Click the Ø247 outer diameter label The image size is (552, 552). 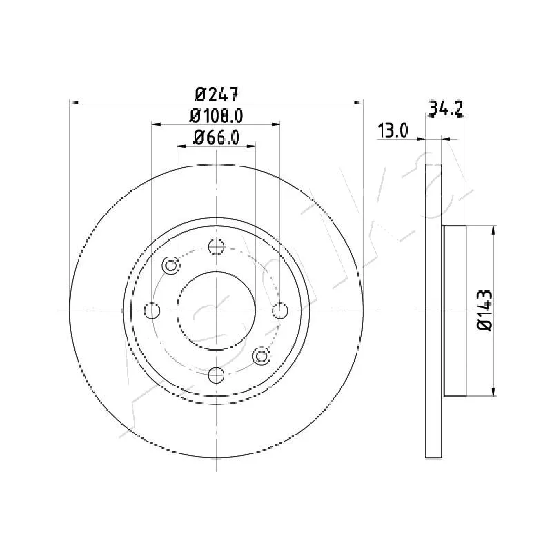(217, 95)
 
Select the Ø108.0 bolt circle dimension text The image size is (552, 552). (217, 116)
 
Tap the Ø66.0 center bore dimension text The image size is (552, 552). (217, 137)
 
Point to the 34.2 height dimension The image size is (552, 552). (445, 108)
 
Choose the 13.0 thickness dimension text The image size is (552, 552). (393, 130)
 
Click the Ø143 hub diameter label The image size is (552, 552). (485, 310)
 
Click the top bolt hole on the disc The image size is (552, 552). (216, 246)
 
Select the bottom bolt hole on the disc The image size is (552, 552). (216, 375)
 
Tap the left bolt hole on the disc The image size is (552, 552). (152, 310)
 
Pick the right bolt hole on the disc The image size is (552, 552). (280, 310)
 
